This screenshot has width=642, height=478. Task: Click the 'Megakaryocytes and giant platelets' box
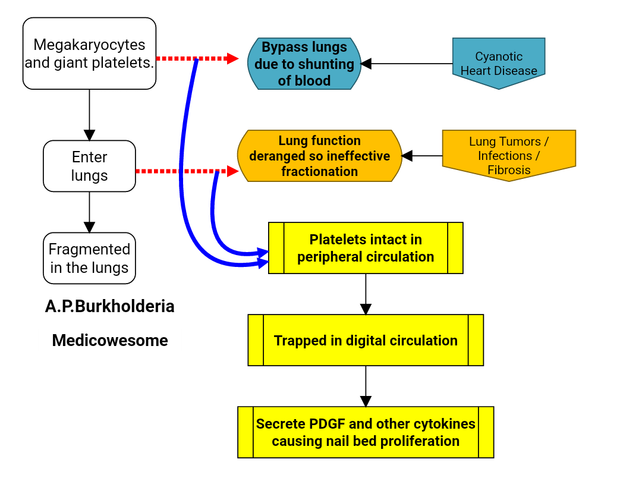pyautogui.click(x=89, y=54)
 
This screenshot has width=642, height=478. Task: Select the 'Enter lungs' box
pyautogui.click(x=89, y=166)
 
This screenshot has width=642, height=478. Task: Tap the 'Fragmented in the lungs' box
pyautogui.click(x=89, y=258)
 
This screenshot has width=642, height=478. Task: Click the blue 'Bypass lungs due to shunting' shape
pyautogui.click(x=304, y=64)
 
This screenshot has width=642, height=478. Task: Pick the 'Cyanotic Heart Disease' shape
pyautogui.click(x=499, y=63)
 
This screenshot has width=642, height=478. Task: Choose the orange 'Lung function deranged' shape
pyautogui.click(x=319, y=156)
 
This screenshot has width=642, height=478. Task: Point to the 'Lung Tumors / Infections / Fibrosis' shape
pyautogui.click(x=509, y=155)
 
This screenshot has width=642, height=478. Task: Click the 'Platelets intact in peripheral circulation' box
pyautogui.click(x=366, y=248)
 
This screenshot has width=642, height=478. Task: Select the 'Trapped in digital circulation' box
pyautogui.click(x=366, y=340)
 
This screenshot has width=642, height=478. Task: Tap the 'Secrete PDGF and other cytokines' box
pyautogui.click(x=366, y=432)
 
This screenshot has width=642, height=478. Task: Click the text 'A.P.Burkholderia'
pyautogui.click(x=110, y=306)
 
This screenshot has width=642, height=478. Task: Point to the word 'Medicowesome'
pyautogui.click(x=110, y=341)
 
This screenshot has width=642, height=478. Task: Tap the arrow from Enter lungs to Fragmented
pyautogui.click(x=89, y=212)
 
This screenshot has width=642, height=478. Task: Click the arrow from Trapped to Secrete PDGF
pyautogui.click(x=366, y=386)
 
